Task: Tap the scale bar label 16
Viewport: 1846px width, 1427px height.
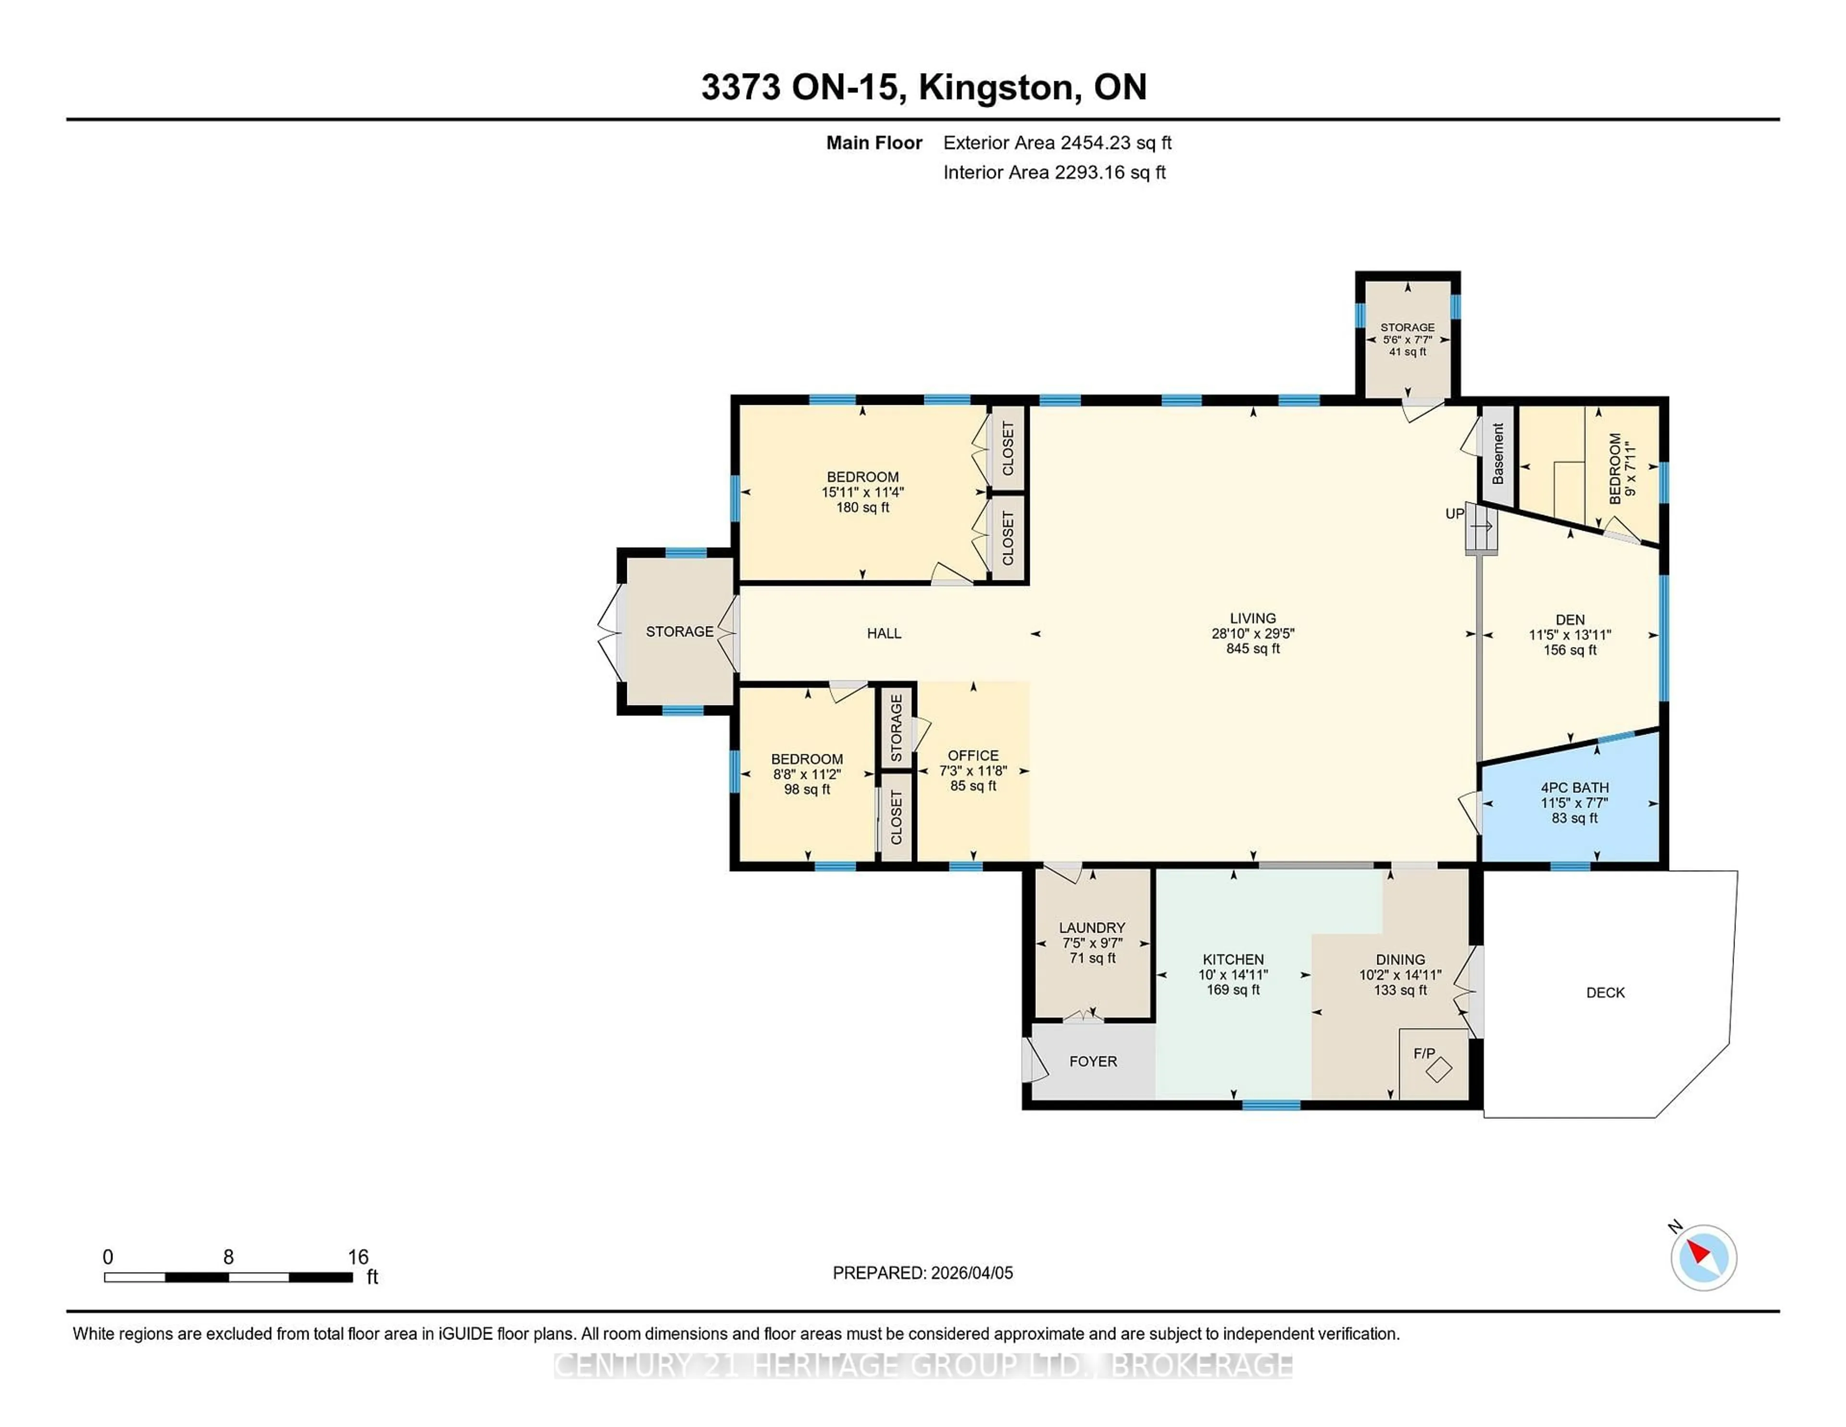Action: (358, 1257)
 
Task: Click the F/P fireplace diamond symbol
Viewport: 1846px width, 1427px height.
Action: (1439, 1069)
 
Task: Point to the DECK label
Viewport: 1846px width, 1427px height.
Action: (1605, 992)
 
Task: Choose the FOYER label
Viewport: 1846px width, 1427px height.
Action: (1093, 1061)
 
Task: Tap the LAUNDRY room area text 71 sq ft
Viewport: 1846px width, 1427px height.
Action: (1092, 958)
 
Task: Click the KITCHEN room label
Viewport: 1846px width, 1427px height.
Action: (1233, 960)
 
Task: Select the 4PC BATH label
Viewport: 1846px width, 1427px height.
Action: (1574, 787)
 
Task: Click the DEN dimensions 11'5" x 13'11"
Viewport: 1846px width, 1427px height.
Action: (1570, 635)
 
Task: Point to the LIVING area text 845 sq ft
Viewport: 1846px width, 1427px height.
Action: (1253, 649)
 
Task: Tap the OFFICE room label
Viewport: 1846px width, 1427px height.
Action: (973, 755)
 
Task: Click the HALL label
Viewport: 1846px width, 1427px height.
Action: (884, 633)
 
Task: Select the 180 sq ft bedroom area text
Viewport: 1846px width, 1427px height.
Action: (862, 507)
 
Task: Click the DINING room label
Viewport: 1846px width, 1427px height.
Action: (1400, 960)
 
